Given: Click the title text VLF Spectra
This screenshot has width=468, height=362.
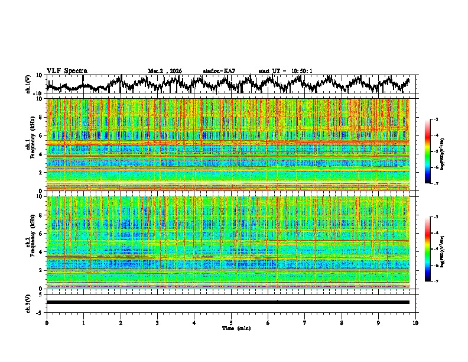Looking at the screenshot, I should (x=67, y=71).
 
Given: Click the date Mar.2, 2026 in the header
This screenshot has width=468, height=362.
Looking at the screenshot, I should (x=165, y=71).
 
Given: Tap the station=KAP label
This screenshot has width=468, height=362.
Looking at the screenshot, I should (x=219, y=71).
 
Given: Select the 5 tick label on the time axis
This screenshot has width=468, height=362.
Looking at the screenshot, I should (x=232, y=322).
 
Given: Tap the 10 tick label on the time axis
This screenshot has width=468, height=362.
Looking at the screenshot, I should (x=416, y=322).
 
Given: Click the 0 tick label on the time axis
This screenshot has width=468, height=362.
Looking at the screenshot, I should (x=47, y=322).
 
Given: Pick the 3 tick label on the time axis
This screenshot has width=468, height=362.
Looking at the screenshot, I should (x=158, y=322).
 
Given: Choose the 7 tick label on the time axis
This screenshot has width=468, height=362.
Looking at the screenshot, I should (x=305, y=322).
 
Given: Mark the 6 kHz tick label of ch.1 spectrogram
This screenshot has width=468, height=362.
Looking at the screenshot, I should (x=41, y=135).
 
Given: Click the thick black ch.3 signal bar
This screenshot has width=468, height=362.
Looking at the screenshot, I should (x=228, y=302).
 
